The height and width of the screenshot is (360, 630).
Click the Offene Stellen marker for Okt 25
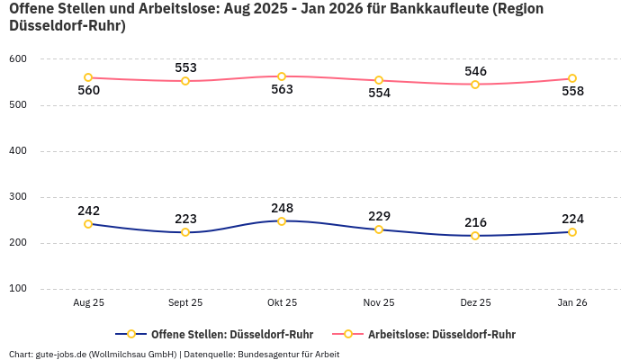(282, 221)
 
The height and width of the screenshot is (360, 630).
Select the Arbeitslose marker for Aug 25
(88, 77)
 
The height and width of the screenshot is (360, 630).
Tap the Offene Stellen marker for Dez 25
(475, 236)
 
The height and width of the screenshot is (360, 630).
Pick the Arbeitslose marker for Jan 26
(572, 78)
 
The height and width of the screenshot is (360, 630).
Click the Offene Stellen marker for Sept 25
(185, 232)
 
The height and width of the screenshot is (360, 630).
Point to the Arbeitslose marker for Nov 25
(379, 80)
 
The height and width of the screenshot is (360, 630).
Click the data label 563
(282, 89)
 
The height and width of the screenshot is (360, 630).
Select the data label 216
(475, 222)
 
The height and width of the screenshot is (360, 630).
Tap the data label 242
(88, 211)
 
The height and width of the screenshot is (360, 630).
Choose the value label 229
(379, 216)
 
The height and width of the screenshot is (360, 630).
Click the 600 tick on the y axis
(18, 59)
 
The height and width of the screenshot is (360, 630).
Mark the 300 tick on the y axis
(18, 197)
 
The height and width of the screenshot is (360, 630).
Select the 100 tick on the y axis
(18, 289)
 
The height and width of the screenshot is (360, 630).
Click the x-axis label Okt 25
(282, 303)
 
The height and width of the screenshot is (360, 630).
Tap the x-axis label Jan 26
(572, 303)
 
